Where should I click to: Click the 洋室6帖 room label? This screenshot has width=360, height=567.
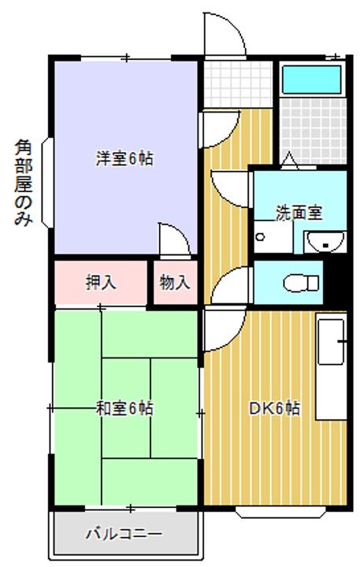pyautogui.click(x=124, y=159)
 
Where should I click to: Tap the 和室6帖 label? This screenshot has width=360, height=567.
pyautogui.click(x=124, y=409)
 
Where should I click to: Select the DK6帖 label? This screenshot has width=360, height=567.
pyautogui.click(x=275, y=409)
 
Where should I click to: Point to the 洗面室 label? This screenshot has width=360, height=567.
pyautogui.click(x=299, y=213)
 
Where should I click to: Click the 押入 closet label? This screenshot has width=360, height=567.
pyautogui.click(x=101, y=282)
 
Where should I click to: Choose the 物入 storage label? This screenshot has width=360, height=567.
pyautogui.click(x=175, y=282)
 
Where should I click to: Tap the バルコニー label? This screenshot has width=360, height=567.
pyautogui.click(x=124, y=534)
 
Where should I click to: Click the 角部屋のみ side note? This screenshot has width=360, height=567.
pyautogui.click(x=24, y=183)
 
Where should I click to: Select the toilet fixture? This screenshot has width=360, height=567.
pyautogui.click(x=301, y=283)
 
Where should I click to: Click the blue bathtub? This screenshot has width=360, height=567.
pyautogui.click(x=311, y=80)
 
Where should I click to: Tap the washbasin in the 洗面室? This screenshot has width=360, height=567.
pyautogui.click(x=325, y=242)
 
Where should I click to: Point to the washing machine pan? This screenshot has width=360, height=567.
pyautogui.click(x=273, y=236)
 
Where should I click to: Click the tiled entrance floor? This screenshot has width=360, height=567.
pyautogui.click(x=237, y=84)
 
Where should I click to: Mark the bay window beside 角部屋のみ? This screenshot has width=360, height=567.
pyautogui.click(x=48, y=183)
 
